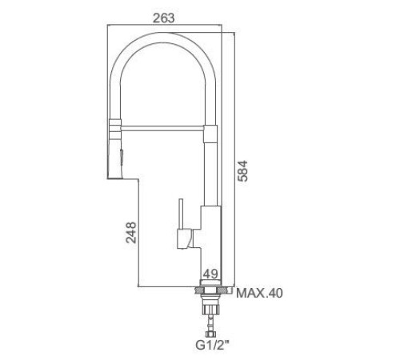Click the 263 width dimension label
pyautogui.click(x=164, y=18)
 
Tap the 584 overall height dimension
pyautogui.click(x=242, y=171)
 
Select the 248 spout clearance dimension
pyautogui.click(x=131, y=233)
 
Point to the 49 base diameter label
pyautogui.click(x=210, y=274)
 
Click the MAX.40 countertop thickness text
pyautogui.click(x=259, y=294)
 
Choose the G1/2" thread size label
pyautogui.click(x=212, y=345)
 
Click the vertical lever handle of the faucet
pyautogui.click(x=182, y=214)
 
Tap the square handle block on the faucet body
pyautogui.click(x=184, y=239)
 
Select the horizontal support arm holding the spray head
pyautogui.click(x=162, y=128)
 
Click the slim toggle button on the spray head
pyautogui.click(x=122, y=157)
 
